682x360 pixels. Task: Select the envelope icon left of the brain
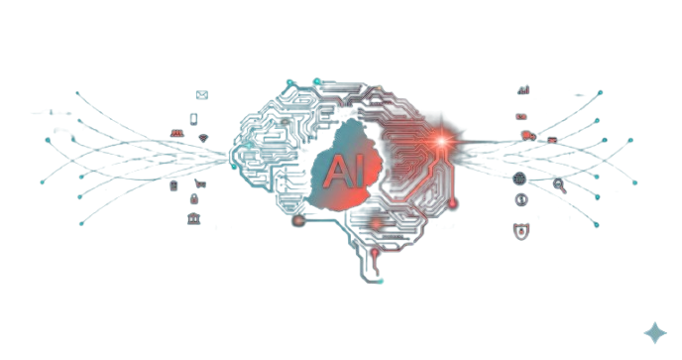tap(202, 95)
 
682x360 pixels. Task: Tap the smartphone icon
tap(194, 117)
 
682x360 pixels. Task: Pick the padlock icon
tap(194, 199)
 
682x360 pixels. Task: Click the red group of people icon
tap(176, 132)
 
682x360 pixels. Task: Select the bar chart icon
tap(523, 90)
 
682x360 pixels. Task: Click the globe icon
tap(520, 179)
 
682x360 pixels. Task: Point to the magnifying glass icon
tap(559, 184)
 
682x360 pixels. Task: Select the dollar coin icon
tap(521, 199)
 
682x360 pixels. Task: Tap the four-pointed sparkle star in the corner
tap(655, 333)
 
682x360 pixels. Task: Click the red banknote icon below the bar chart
tap(520, 116)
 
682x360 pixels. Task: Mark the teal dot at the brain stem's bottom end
tap(380, 281)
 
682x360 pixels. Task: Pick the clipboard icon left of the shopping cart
tap(174, 185)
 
